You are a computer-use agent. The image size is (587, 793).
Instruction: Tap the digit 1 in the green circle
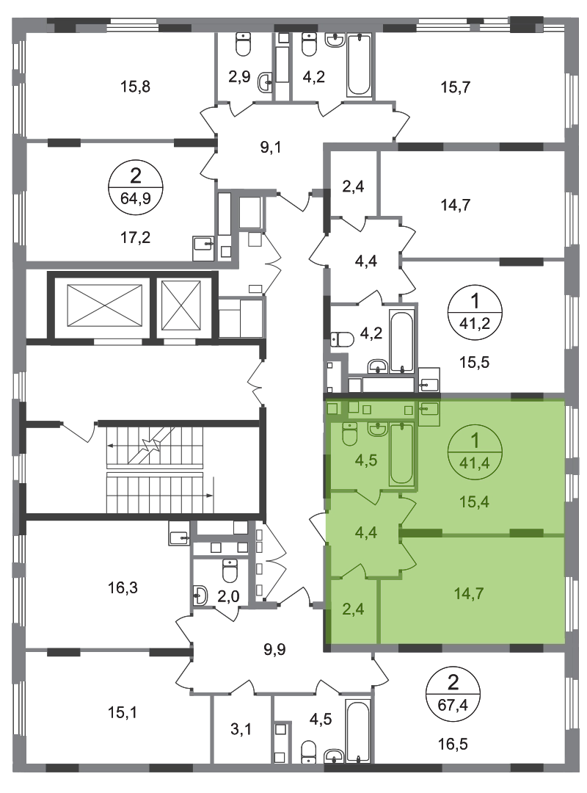pyautogui.click(x=475, y=441)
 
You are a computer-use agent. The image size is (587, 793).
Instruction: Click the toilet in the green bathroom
pyautogui.click(x=349, y=433)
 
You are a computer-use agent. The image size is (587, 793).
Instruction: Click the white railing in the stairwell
pyautogui.click(x=154, y=470)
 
